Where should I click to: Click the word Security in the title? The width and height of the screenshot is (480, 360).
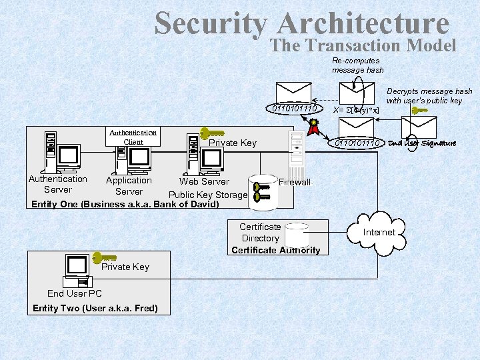click(x=211, y=24)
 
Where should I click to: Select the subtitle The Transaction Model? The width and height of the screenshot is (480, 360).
click(x=363, y=45)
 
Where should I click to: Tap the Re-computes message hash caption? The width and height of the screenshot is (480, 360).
click(x=358, y=65)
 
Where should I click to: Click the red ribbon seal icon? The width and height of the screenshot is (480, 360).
click(x=313, y=125)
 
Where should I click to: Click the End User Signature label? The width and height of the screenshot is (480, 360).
click(x=423, y=143)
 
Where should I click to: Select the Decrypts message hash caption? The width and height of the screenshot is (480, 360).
click(x=429, y=96)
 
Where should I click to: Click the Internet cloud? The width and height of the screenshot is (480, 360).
click(x=378, y=232)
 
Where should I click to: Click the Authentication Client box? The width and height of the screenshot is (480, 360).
click(x=133, y=137)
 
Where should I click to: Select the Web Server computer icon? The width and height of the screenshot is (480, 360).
click(x=203, y=157)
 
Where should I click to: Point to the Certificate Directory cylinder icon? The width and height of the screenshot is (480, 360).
click(x=296, y=235)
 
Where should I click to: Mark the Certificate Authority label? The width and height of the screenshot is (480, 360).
click(x=275, y=251)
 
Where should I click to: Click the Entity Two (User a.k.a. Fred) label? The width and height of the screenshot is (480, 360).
click(x=95, y=308)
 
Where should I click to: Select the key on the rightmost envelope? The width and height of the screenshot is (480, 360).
click(x=419, y=111)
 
